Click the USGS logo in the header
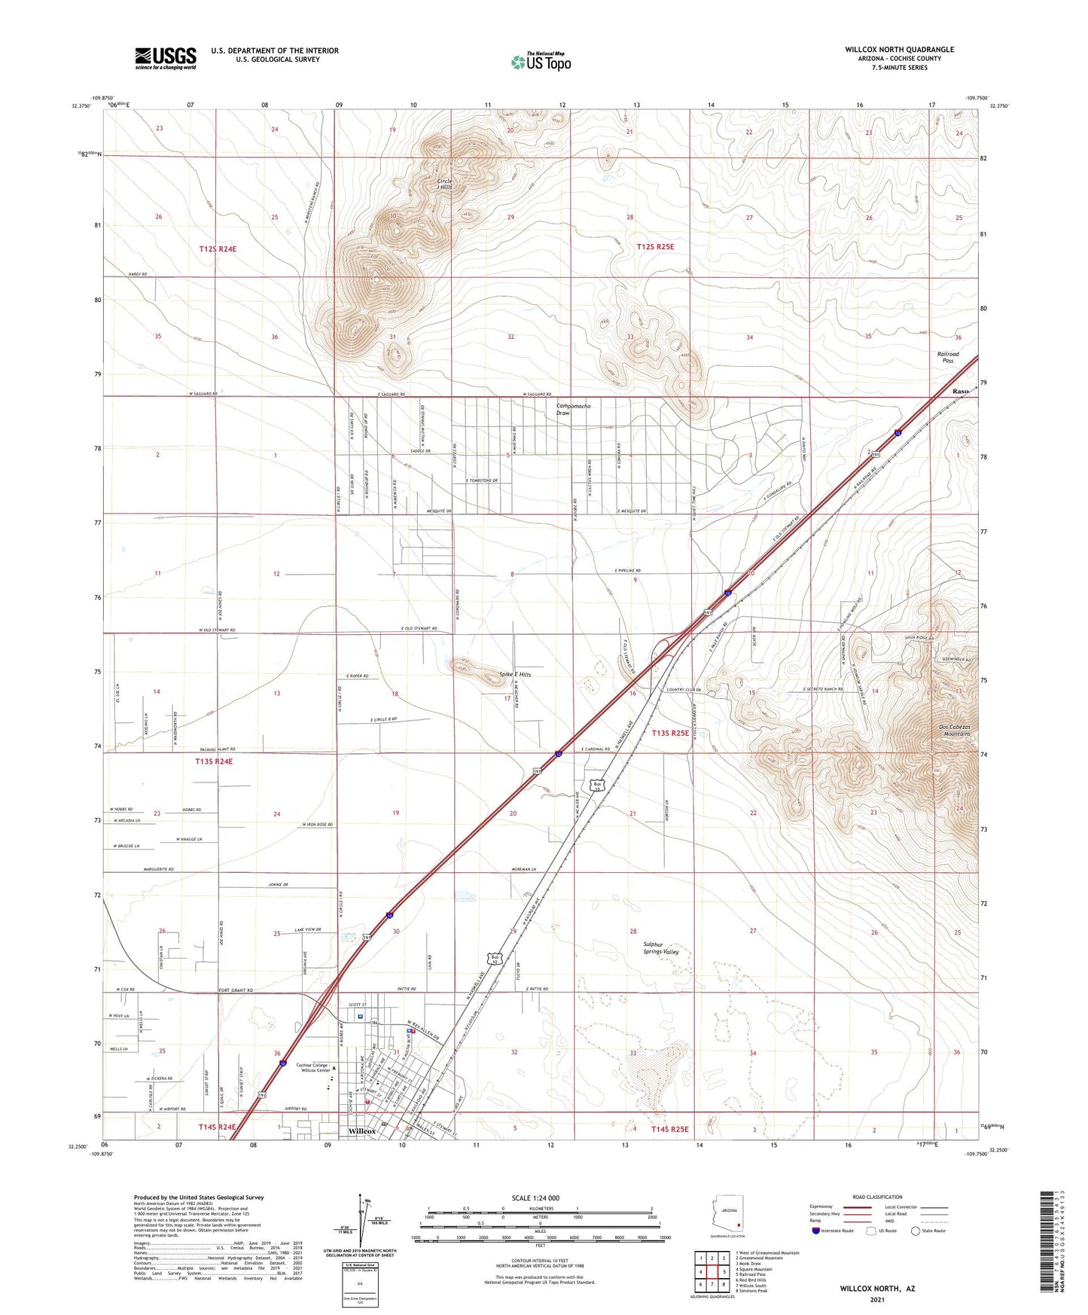(166, 57)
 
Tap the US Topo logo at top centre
(541, 62)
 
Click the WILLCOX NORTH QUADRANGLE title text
(899, 50)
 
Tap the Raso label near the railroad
(959, 392)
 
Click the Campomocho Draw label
(573, 410)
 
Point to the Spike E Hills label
(516, 675)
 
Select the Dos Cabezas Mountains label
(954, 730)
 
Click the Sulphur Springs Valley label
(660, 948)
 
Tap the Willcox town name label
(362, 1131)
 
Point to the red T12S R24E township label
(223, 249)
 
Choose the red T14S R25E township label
(660, 1129)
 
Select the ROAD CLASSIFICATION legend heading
(877, 1197)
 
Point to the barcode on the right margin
(1046, 1240)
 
